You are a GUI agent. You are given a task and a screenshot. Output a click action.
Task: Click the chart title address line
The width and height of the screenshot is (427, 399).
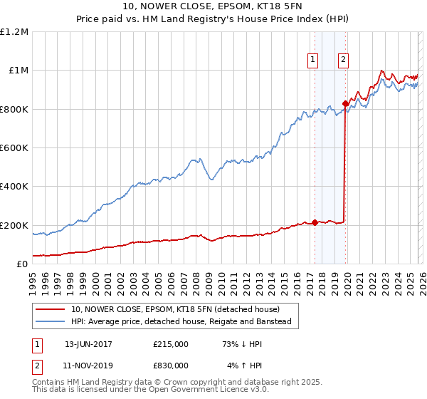click(213, 7)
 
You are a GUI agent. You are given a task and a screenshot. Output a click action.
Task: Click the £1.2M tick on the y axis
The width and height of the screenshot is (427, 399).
click(14, 32)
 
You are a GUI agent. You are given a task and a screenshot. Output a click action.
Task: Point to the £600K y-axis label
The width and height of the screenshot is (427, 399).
click(14, 148)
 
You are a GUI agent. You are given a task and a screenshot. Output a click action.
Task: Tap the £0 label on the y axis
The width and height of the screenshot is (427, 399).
click(21, 264)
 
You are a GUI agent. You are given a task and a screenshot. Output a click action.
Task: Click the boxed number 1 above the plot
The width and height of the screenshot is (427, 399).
click(314, 61)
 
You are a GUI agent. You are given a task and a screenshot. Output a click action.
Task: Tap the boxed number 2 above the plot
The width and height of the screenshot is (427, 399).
click(344, 61)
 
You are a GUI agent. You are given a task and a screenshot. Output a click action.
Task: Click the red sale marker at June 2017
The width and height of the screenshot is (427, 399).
click(315, 222)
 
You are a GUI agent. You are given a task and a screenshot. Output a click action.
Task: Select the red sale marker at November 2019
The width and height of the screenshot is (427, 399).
click(345, 103)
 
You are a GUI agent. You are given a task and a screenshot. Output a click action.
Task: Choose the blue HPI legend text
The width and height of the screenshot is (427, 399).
click(181, 322)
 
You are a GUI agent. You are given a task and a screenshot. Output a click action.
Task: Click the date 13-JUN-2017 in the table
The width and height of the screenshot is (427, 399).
click(88, 344)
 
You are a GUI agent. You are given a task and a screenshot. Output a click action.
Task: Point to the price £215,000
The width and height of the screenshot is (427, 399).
click(171, 344)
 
